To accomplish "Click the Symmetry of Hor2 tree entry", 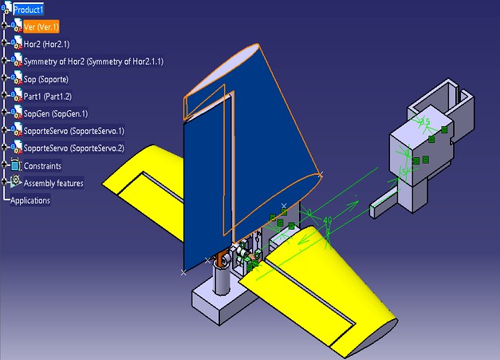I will [x=93, y=61].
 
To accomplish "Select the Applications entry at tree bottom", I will [x=30, y=200].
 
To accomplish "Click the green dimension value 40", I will [x=328, y=220].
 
